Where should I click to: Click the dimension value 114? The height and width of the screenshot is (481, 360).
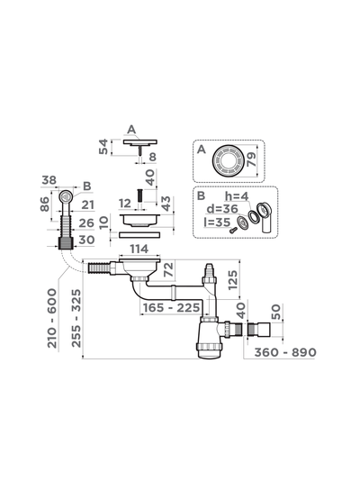(139, 250)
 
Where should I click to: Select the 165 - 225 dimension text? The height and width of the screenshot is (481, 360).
(172, 307)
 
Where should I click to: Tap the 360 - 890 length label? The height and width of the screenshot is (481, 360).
(285, 352)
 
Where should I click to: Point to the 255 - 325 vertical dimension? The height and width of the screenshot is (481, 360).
(76, 318)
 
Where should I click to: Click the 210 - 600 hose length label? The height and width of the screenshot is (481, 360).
(52, 318)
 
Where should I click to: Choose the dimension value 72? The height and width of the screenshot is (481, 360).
(169, 270)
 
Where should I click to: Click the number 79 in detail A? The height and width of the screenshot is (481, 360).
(251, 159)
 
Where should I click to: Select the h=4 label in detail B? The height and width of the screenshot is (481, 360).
(237, 195)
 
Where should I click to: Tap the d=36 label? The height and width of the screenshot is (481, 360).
(222, 209)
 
